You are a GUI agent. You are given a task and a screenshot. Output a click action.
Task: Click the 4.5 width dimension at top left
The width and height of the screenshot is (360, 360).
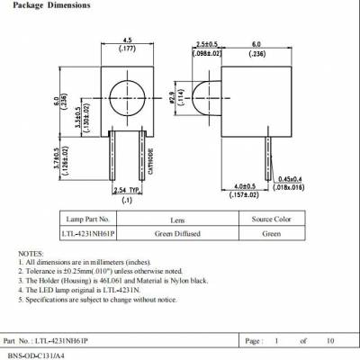(128, 40)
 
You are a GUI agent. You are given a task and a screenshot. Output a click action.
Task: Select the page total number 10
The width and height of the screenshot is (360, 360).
(329, 342)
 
